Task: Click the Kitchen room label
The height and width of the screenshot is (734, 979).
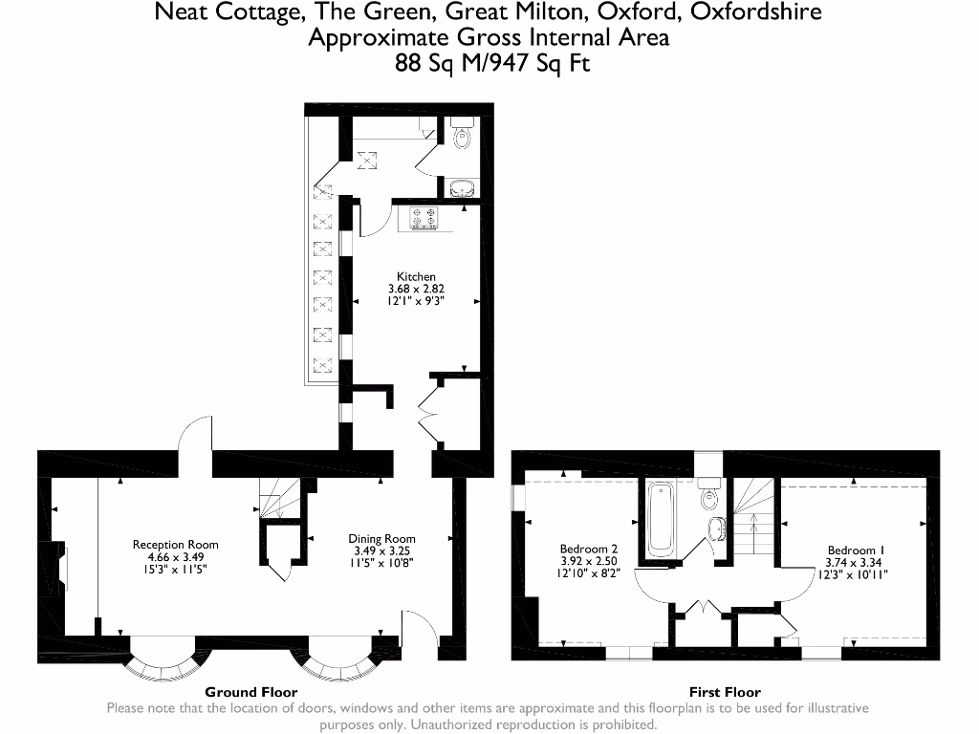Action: (x=416, y=276)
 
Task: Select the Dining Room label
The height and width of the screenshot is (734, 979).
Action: (x=381, y=539)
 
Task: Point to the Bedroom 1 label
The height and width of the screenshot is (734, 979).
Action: (x=856, y=550)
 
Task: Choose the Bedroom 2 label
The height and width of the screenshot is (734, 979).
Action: (x=588, y=550)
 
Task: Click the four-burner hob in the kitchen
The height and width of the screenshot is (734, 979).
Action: (x=424, y=219)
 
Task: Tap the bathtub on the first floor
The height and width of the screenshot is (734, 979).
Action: (x=661, y=521)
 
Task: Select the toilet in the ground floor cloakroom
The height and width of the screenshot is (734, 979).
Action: (x=463, y=138)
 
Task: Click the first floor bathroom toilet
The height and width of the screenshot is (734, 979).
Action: (x=709, y=498)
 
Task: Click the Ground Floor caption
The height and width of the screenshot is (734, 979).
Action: (x=251, y=692)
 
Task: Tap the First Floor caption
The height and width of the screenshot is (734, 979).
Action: (x=725, y=692)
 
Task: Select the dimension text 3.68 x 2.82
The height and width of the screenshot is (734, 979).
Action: (x=416, y=289)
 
